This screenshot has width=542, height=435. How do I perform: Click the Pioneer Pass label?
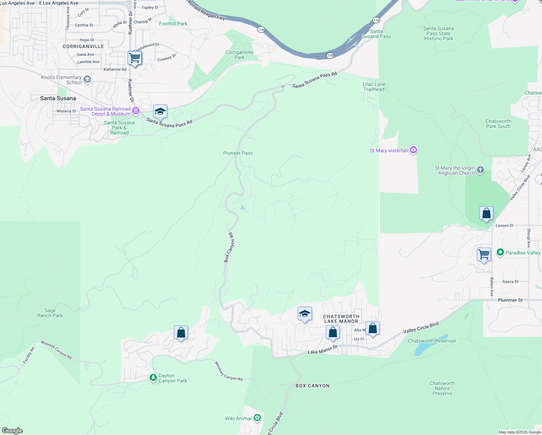point(238,153)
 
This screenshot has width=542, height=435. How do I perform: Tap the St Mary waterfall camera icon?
point(413,150)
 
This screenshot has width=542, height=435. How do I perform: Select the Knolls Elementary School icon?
point(87,79)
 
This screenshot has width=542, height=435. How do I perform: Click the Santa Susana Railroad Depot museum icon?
point(136,111)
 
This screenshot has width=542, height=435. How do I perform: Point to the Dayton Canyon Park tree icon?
point(153,378)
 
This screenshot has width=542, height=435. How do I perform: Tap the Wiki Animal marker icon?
point(257,418)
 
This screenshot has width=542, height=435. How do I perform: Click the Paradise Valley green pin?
point(500,252)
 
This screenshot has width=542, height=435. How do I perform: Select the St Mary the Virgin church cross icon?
point(480,170)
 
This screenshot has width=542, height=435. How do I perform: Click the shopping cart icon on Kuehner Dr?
point(134,58)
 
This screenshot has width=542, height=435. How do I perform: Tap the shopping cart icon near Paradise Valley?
point(484,254)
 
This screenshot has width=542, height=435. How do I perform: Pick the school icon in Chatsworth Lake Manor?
point(305,314)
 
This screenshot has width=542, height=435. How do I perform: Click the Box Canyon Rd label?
point(229,248)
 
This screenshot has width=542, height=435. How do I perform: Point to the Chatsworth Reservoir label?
point(432,341)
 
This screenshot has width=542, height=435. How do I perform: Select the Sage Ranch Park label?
point(50,313)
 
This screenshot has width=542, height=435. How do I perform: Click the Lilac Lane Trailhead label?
point(374,87)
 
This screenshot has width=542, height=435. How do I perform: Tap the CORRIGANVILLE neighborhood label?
point(83,46)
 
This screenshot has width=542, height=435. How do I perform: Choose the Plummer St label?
point(510,300)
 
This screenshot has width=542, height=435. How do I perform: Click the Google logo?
point(12,431)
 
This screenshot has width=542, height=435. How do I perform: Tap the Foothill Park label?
point(173,24)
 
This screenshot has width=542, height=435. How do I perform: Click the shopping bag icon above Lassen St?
point(486,213)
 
